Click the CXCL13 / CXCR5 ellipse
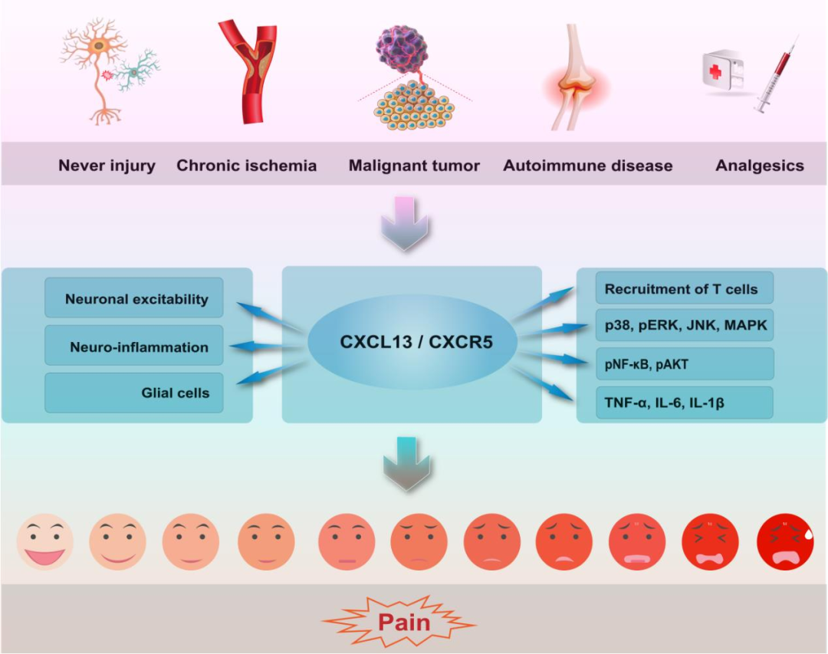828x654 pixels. [x=416, y=341]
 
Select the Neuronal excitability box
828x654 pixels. [x=134, y=298]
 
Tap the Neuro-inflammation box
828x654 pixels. [x=134, y=347]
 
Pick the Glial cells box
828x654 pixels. [x=134, y=393]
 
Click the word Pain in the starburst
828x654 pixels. [x=403, y=621]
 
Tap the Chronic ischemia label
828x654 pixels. [x=246, y=166]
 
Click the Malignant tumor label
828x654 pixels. [x=414, y=166]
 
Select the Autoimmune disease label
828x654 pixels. [x=587, y=166]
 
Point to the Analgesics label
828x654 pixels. [x=759, y=166]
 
